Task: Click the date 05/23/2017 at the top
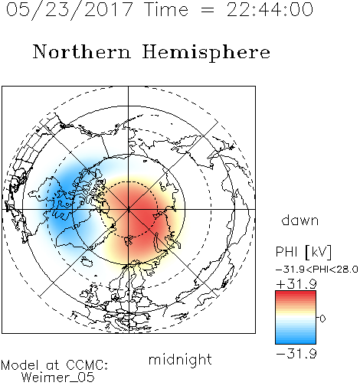[x=70, y=10]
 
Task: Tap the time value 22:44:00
[x=270, y=10]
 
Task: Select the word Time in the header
[x=166, y=10]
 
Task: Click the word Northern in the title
[x=82, y=52]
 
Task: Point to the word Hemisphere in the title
[x=206, y=53]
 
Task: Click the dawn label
[x=300, y=221]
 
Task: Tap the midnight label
[x=180, y=360]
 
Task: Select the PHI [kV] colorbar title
[x=303, y=252]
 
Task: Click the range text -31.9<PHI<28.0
[x=317, y=270]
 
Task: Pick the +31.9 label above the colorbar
[x=296, y=284]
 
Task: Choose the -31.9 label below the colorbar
[x=296, y=354]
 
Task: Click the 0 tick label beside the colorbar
[x=322, y=319]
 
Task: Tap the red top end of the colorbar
[x=296, y=293]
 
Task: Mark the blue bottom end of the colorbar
[x=296, y=342]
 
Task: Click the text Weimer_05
[x=58, y=378]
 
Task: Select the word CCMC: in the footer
[x=87, y=365]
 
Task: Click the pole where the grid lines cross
[x=129, y=209]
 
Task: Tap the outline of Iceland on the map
[x=87, y=261]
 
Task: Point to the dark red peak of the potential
[x=147, y=217]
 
